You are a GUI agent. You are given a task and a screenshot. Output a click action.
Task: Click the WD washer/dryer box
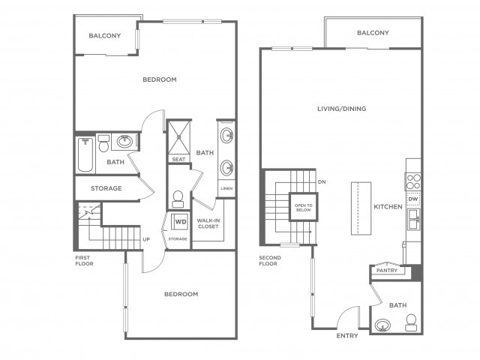point(180,222)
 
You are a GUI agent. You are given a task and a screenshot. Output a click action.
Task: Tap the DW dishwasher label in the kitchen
point(413,199)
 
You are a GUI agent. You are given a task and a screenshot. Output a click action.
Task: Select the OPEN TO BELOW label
point(303,208)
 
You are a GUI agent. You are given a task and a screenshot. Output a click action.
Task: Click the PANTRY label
point(387,270)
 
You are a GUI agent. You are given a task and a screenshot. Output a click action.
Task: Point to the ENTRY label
point(347,336)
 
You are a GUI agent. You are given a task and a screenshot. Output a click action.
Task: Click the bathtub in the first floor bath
point(85,154)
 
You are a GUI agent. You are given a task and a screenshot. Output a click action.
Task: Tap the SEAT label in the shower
point(178,159)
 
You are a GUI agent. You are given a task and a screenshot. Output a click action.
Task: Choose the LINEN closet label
point(226,188)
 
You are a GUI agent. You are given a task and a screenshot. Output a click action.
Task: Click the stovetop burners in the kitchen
point(413,181)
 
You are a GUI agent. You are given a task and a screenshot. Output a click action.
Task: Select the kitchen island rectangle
point(361,208)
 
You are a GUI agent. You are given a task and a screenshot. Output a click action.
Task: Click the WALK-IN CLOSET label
point(208,223)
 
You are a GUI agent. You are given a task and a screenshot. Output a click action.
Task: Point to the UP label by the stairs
point(146,239)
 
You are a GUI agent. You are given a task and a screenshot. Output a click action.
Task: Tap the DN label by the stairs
point(322,181)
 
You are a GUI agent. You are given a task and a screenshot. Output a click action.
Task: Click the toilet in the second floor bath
point(411,322)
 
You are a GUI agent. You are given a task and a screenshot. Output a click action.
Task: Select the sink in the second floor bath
point(382,325)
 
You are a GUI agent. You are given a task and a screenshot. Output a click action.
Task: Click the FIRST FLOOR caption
point(84,260)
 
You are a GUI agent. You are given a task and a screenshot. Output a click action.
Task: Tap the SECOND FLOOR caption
point(270,260)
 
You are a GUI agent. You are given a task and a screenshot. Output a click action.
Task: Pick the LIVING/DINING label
point(342,109)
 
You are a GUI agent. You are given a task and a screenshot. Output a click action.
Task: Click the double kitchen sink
point(413,219)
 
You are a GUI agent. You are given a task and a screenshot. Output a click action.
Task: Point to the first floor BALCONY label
point(105,35)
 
